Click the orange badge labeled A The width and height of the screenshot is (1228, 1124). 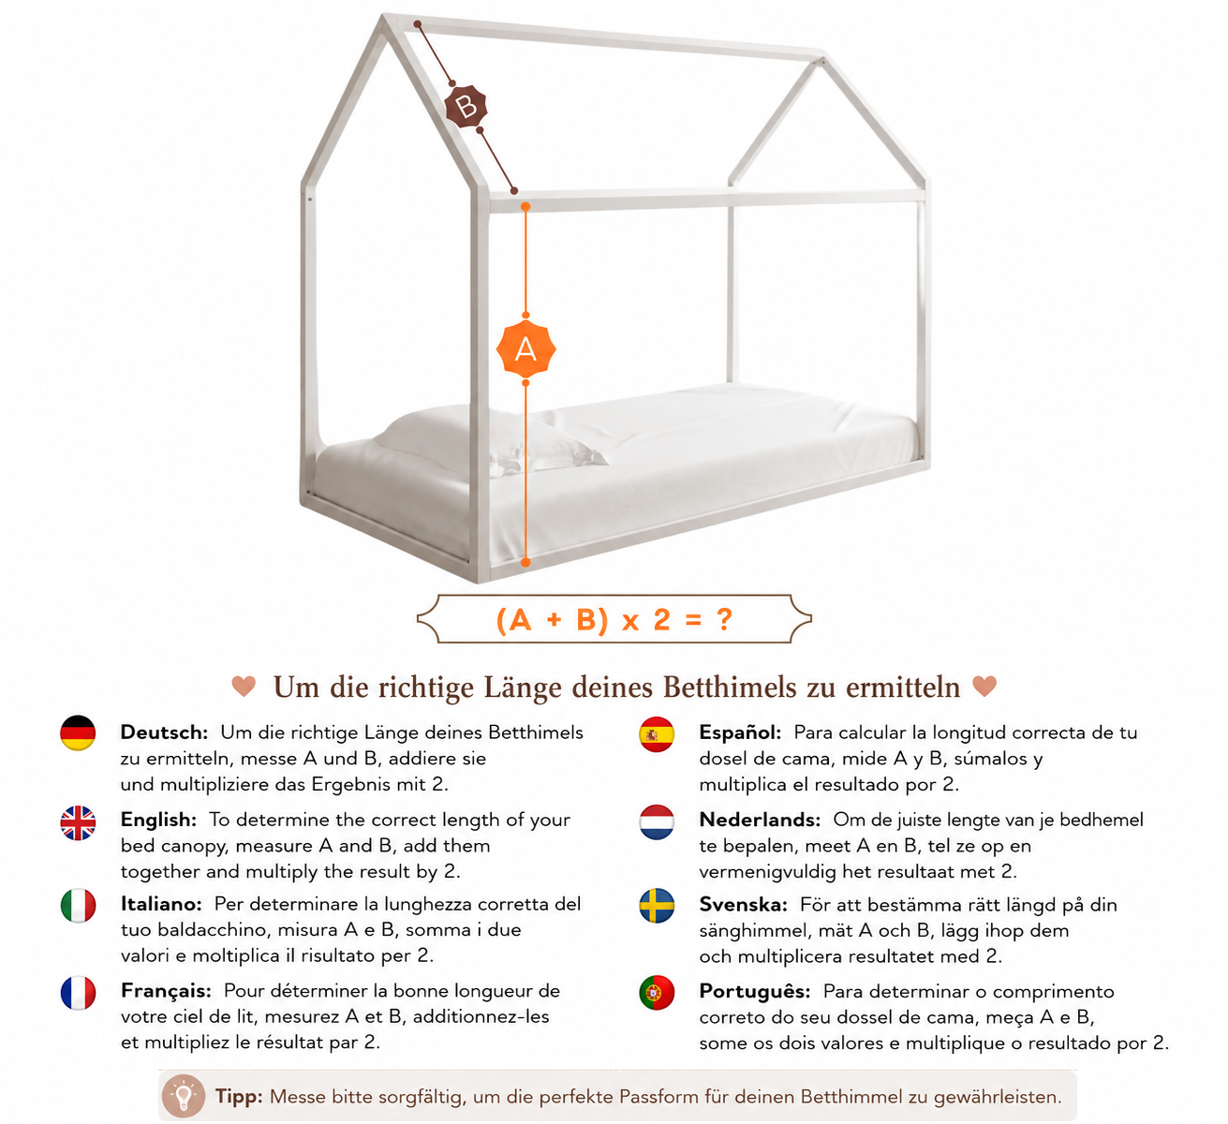(525, 349)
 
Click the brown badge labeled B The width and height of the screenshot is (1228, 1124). (466, 107)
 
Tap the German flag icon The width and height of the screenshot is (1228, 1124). (78, 732)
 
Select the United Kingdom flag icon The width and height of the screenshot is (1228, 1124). (78, 822)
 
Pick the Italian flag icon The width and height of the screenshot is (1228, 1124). (78, 906)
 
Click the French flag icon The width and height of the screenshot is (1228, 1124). (78, 992)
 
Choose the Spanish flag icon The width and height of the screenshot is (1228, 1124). (657, 733)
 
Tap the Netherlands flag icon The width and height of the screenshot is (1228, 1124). (657, 821)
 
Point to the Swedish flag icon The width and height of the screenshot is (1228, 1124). (657, 906)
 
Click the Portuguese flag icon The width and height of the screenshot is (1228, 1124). (657, 992)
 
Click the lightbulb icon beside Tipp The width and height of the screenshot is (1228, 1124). (183, 1096)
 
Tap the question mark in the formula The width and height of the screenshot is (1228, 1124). (724, 619)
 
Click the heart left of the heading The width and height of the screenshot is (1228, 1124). (244, 686)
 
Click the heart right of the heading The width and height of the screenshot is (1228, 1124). (984, 686)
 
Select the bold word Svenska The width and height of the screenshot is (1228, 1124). (743, 904)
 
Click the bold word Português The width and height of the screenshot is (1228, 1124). (755, 992)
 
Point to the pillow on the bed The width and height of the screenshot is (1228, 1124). (490, 437)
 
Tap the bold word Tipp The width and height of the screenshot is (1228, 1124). (239, 1097)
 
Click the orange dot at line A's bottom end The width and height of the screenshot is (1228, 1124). (525, 562)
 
